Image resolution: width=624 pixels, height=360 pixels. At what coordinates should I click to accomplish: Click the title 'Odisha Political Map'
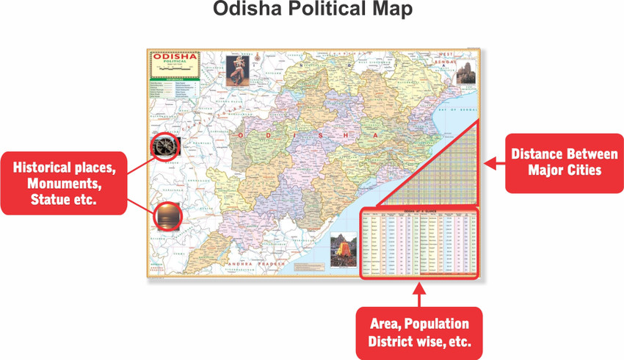tap(312, 10)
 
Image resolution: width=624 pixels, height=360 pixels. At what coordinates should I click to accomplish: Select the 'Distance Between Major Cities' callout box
tap(565, 162)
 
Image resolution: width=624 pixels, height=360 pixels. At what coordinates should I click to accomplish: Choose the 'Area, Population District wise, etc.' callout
tap(418, 333)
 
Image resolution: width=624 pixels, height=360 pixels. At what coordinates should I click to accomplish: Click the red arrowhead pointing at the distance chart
tap(492, 163)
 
